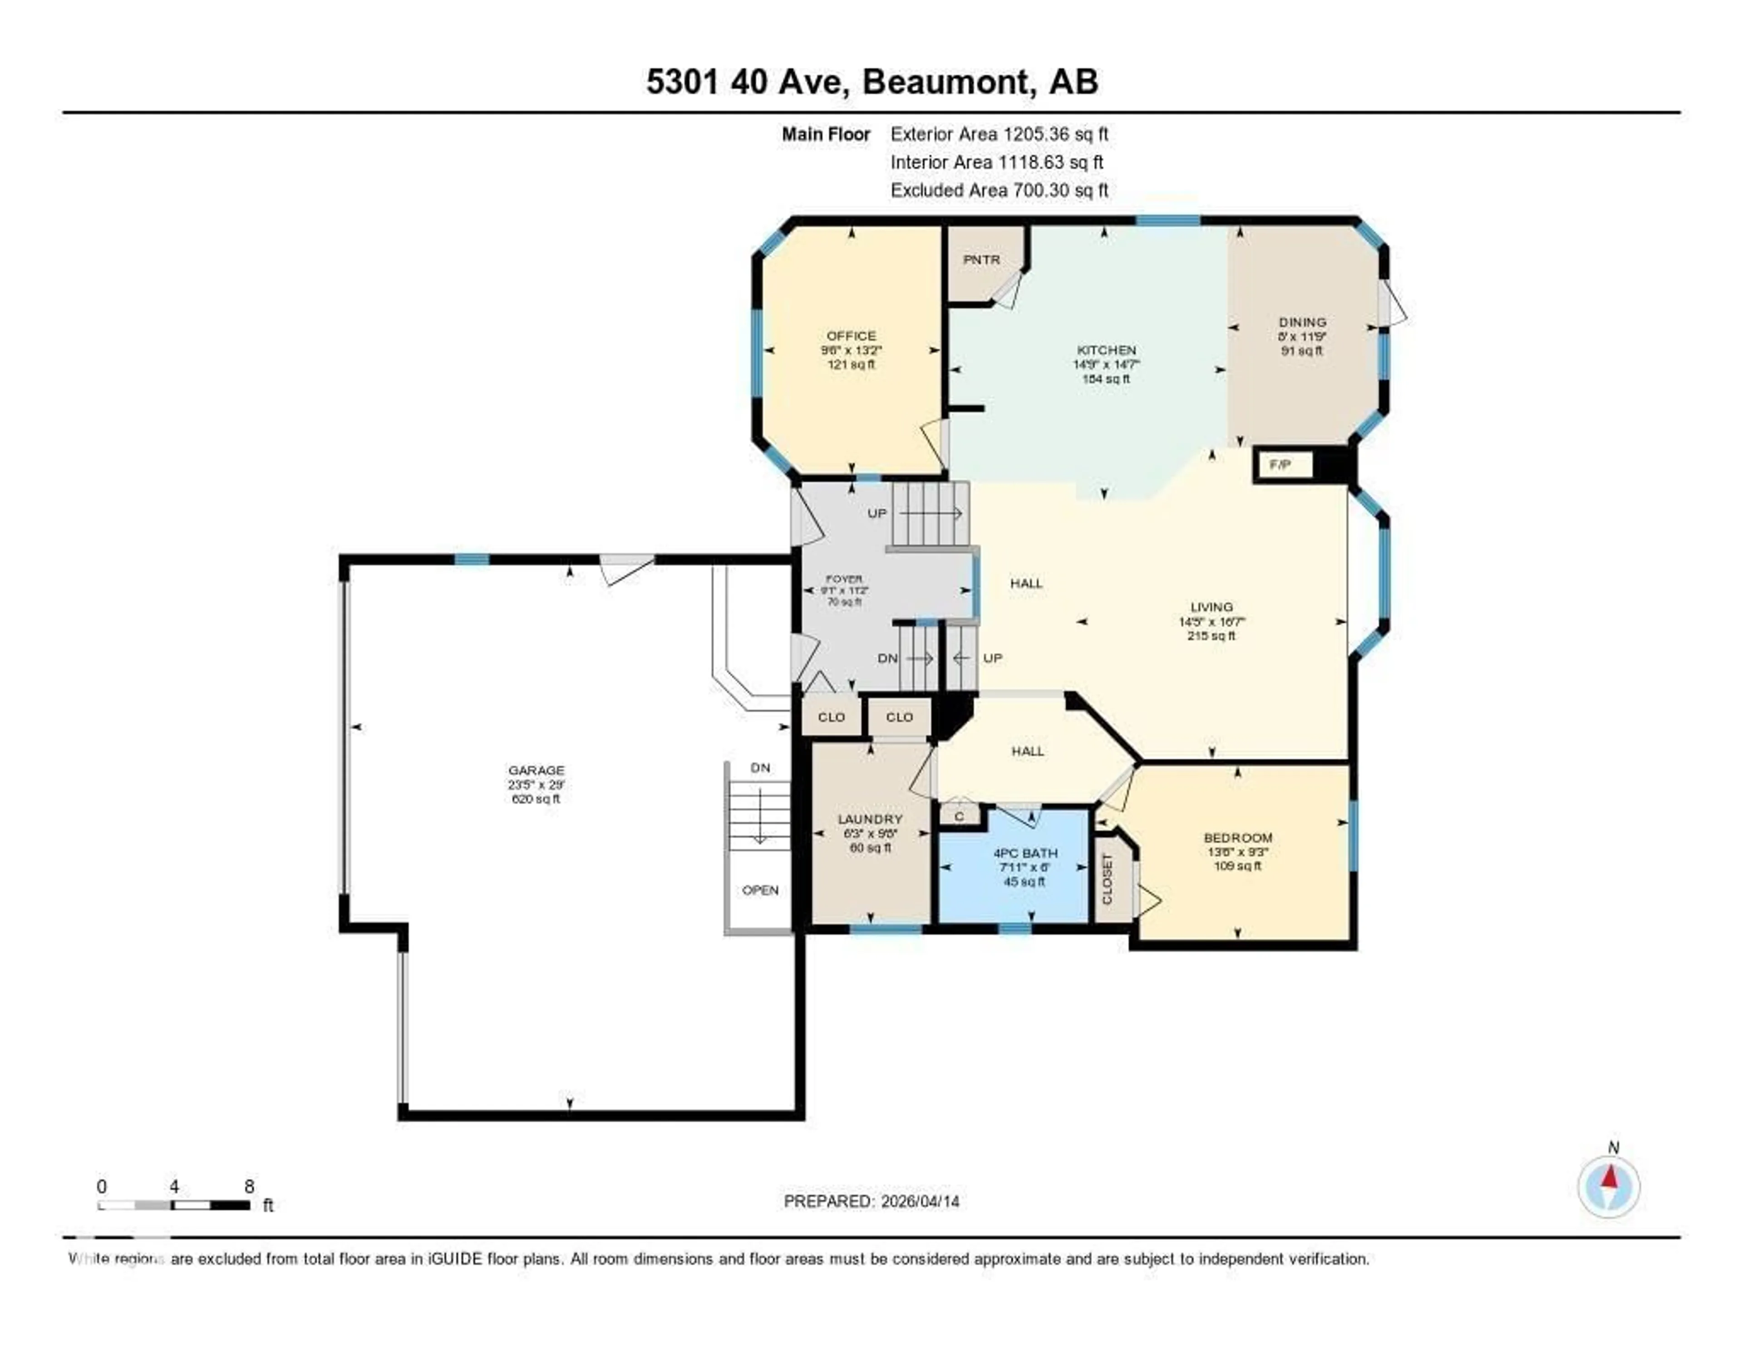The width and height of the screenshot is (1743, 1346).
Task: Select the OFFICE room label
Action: (851, 336)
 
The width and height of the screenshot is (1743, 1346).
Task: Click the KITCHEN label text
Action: (1106, 350)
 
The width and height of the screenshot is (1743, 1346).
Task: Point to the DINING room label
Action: (1302, 322)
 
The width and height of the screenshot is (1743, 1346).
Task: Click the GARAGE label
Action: (537, 770)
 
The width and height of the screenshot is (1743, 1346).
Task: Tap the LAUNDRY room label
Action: (870, 820)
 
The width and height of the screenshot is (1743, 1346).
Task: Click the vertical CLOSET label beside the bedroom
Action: (1107, 879)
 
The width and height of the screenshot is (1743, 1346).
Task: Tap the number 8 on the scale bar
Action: (249, 1186)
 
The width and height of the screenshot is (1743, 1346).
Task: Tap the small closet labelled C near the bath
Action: (959, 816)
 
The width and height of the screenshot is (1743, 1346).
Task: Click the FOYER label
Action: (843, 579)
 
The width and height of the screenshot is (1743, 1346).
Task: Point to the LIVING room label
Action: (1211, 607)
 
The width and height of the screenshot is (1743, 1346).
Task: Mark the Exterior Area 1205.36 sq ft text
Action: (999, 134)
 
